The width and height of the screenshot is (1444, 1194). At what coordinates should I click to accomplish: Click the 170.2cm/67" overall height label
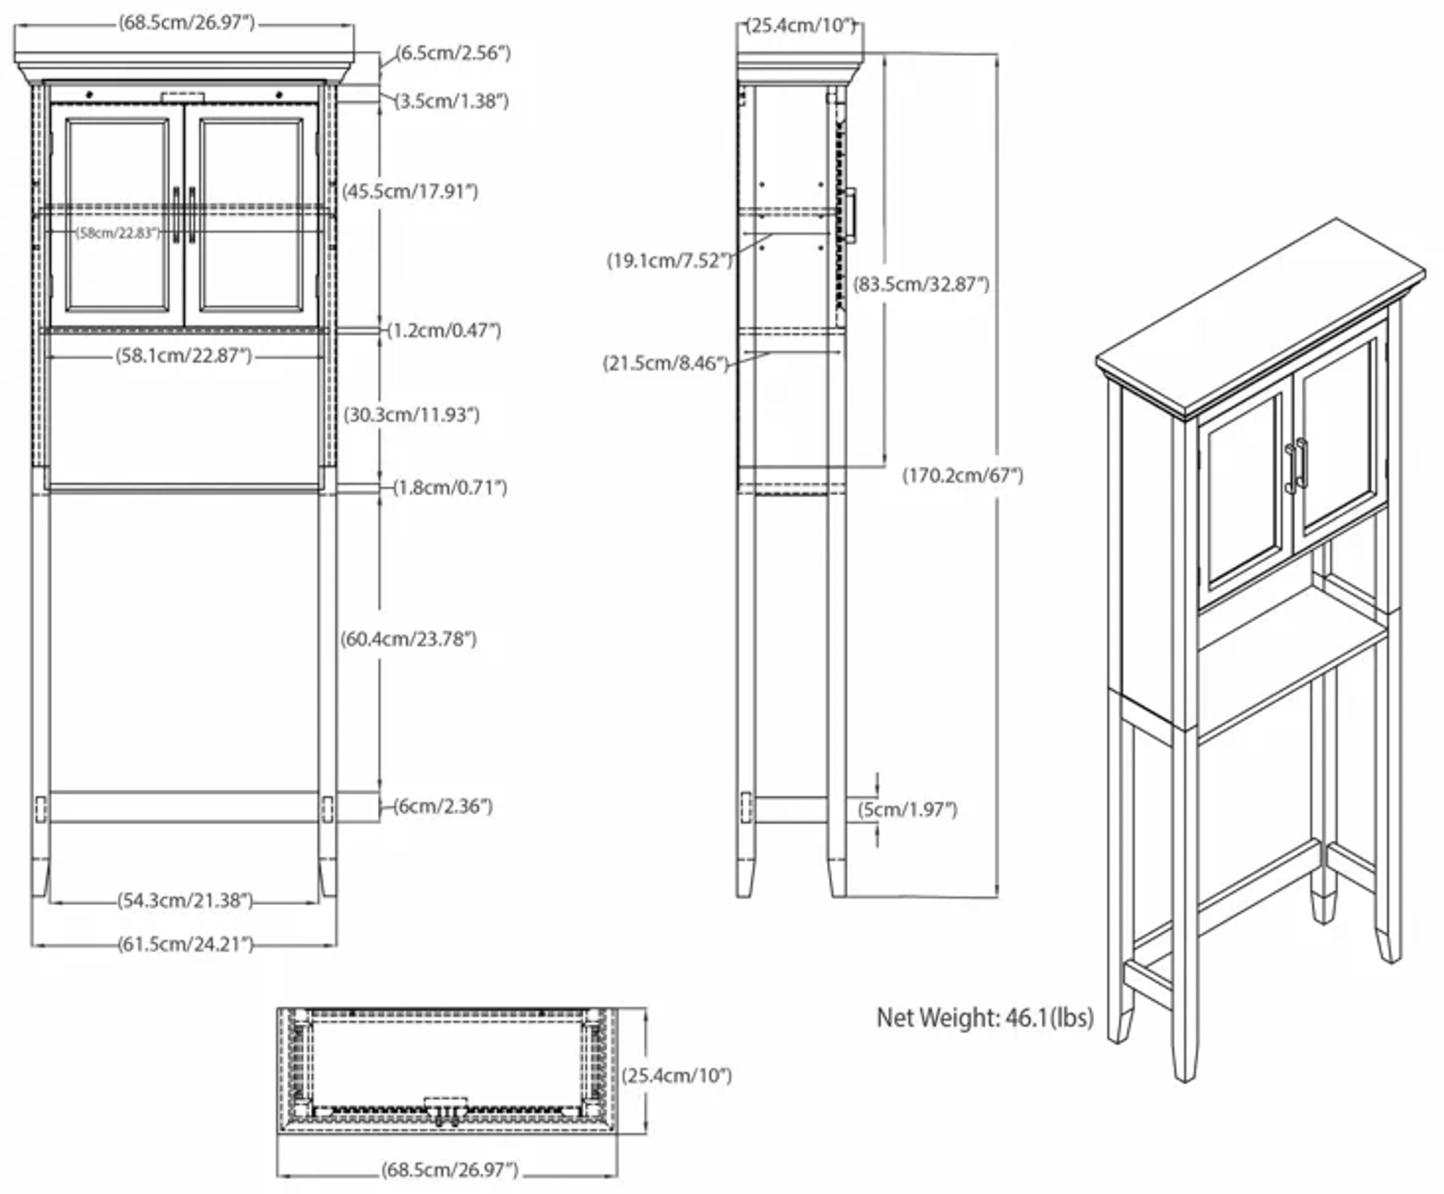[x=963, y=475]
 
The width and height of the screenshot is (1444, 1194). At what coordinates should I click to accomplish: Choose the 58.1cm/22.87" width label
[x=184, y=356]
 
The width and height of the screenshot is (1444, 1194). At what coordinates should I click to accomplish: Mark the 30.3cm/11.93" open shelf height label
[x=411, y=415]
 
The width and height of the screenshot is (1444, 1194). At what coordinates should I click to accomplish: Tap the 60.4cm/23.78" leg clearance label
[x=408, y=639]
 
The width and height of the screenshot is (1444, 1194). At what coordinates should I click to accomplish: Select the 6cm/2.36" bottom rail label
[x=443, y=806]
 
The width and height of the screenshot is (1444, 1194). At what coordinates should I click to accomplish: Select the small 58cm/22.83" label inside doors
[x=118, y=233]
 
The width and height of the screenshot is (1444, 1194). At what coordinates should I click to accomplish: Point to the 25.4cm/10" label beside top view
[x=676, y=1076]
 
